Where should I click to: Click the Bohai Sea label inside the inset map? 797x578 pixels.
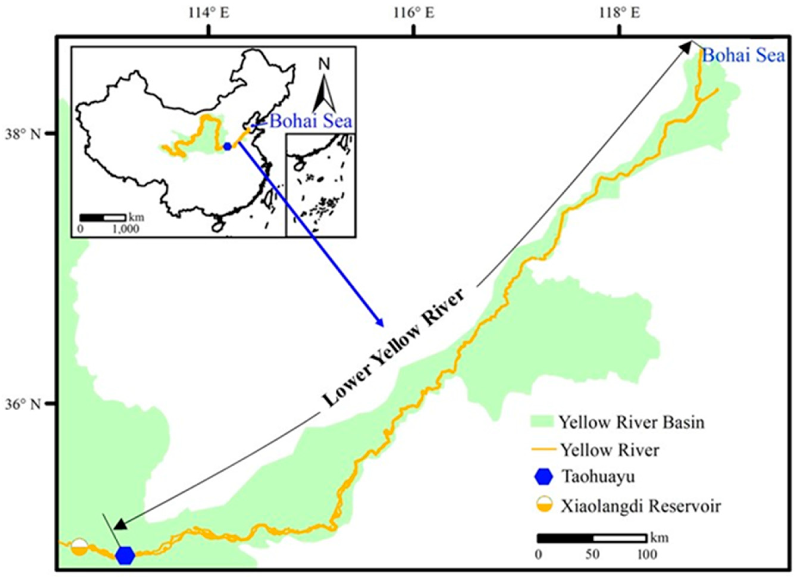311,121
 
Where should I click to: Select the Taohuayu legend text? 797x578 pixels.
598,477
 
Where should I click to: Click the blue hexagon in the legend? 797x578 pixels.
543,477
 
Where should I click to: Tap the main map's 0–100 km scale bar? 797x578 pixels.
592,538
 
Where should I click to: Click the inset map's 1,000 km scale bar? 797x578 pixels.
102,217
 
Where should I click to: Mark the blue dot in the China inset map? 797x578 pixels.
227,146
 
